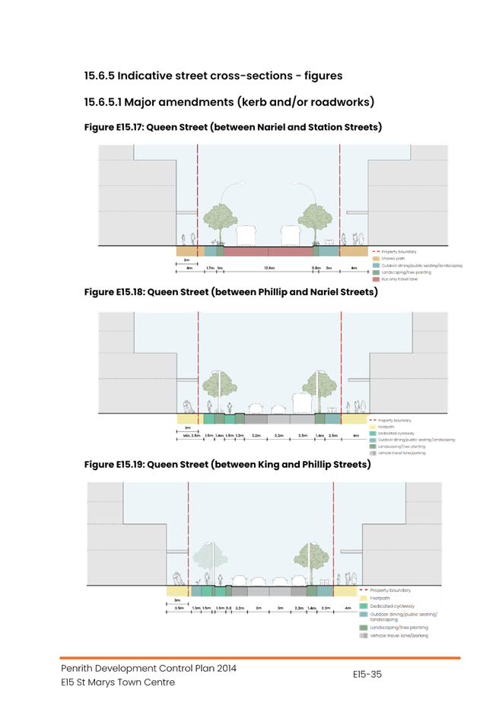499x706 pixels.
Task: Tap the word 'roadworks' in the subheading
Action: [342, 102]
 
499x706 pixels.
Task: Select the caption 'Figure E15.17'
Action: [113, 127]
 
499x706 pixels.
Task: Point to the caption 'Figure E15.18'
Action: [114, 292]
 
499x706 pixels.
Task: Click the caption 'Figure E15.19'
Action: [114, 464]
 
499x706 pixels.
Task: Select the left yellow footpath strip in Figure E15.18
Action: [189, 419]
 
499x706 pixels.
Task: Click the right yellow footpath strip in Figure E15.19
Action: [345, 591]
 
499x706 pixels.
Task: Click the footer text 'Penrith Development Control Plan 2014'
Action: [148, 668]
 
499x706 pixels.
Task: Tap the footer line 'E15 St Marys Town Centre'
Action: [118, 682]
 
